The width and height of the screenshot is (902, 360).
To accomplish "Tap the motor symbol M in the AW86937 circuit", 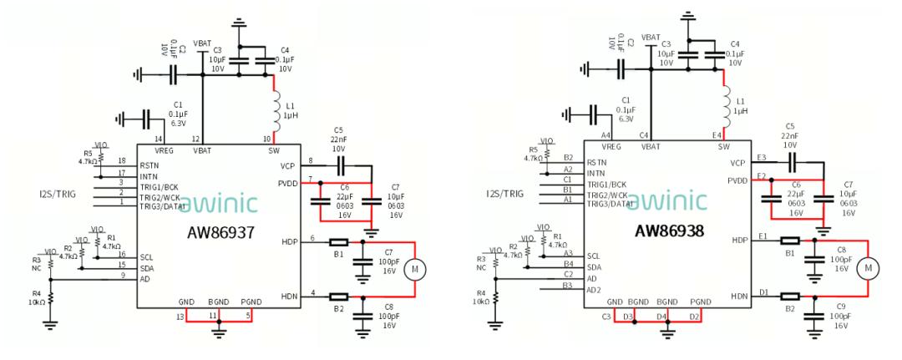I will click(x=415, y=269).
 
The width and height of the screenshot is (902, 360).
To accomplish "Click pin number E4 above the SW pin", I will click(x=716, y=134).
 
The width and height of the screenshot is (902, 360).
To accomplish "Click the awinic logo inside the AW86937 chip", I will click(x=219, y=205).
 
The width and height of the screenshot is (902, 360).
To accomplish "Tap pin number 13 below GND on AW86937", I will click(x=180, y=315).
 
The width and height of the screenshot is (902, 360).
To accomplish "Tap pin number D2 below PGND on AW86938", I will click(x=694, y=316).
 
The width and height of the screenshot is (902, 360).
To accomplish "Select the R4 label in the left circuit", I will click(x=37, y=292).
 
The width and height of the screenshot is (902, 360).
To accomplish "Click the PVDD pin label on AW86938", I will click(x=737, y=180).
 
